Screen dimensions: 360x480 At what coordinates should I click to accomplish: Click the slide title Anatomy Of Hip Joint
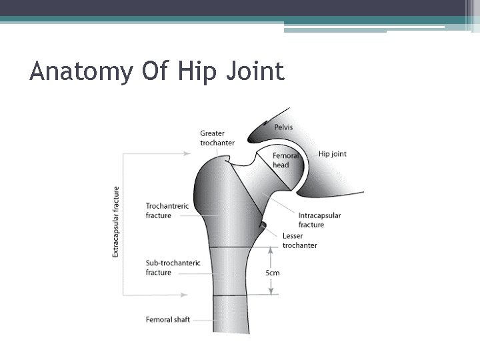tap(157, 71)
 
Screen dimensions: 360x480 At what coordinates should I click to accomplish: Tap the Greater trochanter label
tap(217, 138)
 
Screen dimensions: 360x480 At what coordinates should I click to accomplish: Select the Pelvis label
tap(283, 127)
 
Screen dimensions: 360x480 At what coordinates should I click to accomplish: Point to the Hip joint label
tap(332, 154)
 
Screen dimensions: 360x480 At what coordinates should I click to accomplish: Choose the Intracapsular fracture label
tap(319, 220)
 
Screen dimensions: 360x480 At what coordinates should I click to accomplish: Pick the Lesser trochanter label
tap(299, 241)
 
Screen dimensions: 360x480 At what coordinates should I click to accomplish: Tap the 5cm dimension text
tap(272, 272)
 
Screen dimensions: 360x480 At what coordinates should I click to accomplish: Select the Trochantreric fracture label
tap(167, 211)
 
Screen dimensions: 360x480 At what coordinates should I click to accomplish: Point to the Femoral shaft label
tap(167, 319)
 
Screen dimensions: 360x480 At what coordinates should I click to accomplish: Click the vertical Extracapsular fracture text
tap(117, 222)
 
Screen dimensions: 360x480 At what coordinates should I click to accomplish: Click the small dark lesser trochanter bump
tap(263, 225)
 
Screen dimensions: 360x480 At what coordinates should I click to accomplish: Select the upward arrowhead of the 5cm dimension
tap(271, 250)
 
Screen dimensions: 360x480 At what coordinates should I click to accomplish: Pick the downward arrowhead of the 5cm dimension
tap(271, 291)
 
